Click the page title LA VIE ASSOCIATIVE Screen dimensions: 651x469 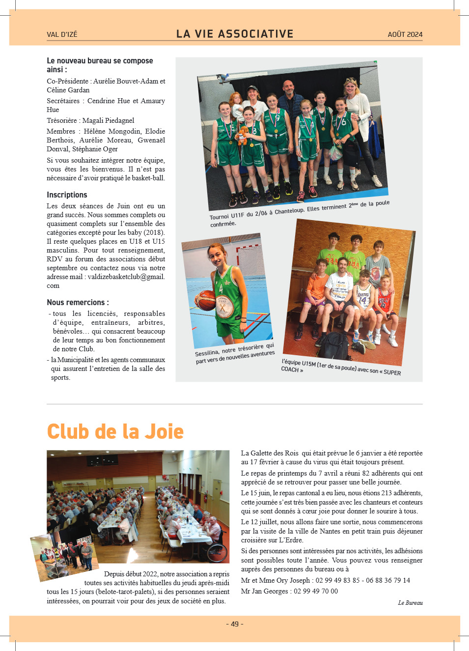[235, 34]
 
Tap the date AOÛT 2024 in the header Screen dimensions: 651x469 [405, 34]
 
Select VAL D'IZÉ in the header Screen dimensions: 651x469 [62, 34]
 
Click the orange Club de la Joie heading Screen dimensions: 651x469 [115, 431]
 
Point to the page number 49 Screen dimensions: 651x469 [235, 624]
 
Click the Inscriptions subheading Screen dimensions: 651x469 [67, 195]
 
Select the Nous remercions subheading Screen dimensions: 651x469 [78, 302]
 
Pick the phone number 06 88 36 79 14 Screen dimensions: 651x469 [387, 580]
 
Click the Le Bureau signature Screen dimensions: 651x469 [410, 603]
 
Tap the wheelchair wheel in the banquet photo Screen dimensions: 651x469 [218, 551]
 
